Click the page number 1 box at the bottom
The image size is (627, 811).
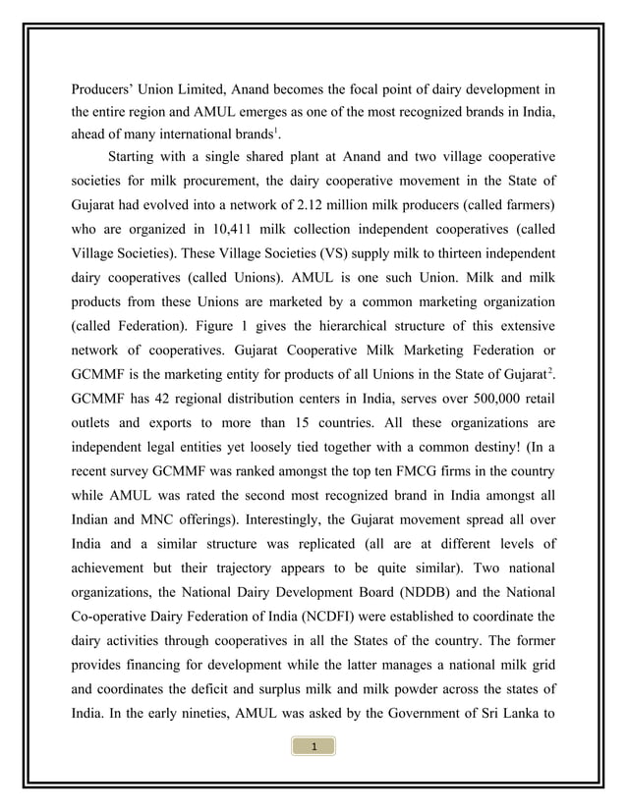pos(313,748)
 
